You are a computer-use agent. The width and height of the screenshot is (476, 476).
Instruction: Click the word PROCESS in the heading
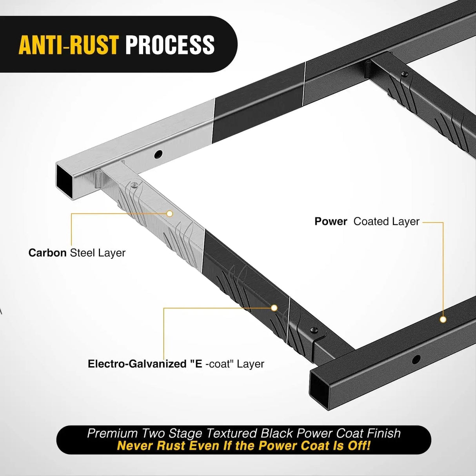(x=170, y=45)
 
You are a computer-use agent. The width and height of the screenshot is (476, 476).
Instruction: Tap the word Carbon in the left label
(x=47, y=253)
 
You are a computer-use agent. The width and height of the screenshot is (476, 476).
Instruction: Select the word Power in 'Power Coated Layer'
(x=331, y=222)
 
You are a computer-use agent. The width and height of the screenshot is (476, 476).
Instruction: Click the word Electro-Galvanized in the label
(x=137, y=364)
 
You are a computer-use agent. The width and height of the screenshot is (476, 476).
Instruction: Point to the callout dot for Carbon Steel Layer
(x=170, y=214)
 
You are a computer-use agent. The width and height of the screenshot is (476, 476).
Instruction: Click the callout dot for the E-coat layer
(x=274, y=308)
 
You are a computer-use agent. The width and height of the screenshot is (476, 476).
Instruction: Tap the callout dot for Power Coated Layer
(x=443, y=319)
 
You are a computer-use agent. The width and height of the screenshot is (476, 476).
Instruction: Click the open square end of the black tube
(x=320, y=384)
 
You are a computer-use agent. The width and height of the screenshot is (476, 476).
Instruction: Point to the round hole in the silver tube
(x=158, y=154)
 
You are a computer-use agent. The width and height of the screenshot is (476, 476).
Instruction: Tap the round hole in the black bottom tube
(x=416, y=358)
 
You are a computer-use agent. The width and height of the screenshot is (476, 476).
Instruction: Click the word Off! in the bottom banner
(x=357, y=446)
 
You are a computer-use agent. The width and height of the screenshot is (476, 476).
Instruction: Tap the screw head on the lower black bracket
(x=314, y=331)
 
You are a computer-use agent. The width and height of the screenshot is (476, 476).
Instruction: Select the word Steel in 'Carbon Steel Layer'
(x=82, y=253)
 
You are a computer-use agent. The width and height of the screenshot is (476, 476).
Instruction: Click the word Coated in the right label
(x=371, y=222)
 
